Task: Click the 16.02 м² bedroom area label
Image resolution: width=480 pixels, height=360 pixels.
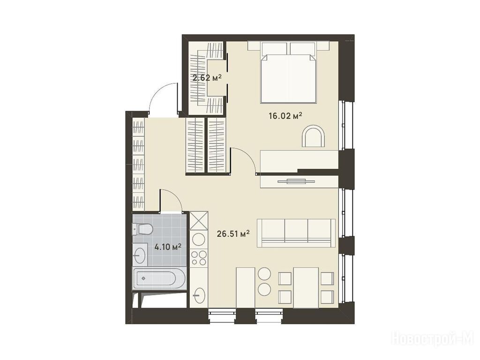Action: click(x=285, y=116)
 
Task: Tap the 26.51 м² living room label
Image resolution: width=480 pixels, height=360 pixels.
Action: click(x=233, y=234)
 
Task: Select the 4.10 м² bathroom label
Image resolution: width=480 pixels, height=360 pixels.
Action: click(x=168, y=247)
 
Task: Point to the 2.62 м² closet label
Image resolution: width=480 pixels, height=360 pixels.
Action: click(x=207, y=78)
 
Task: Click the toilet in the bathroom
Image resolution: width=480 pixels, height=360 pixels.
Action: click(x=142, y=229)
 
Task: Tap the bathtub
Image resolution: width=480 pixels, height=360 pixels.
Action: click(x=159, y=278)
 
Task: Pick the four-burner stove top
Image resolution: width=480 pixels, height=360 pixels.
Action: click(x=199, y=258)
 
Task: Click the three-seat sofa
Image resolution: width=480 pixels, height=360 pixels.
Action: click(x=296, y=233)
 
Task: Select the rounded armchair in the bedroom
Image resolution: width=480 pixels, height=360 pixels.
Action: click(x=314, y=136)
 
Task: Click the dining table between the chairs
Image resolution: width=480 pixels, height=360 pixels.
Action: click(x=306, y=287)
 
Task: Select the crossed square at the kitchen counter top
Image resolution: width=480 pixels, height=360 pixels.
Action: click(x=199, y=220)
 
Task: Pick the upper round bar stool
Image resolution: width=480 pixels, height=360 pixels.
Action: click(x=264, y=273)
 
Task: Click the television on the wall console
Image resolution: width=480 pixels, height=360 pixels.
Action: click(x=296, y=181)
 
